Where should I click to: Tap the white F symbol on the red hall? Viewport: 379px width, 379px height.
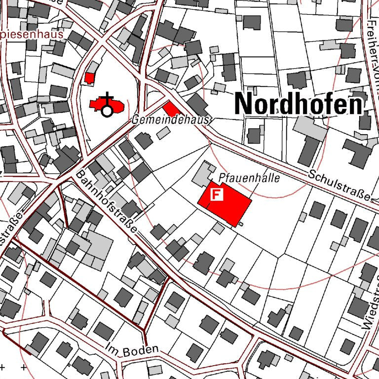(x=217, y=194)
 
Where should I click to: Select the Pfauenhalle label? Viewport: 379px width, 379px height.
(x=249, y=178)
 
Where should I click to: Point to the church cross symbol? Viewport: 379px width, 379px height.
(x=107, y=98)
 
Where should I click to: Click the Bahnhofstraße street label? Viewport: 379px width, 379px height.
(x=106, y=204)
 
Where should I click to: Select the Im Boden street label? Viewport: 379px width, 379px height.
(x=133, y=349)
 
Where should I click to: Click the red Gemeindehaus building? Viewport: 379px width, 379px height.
(x=171, y=109)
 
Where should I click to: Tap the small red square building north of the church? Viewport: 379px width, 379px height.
(x=89, y=78)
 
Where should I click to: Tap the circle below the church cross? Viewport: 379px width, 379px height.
(x=107, y=112)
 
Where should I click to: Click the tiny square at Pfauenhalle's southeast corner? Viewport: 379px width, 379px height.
(x=240, y=225)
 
